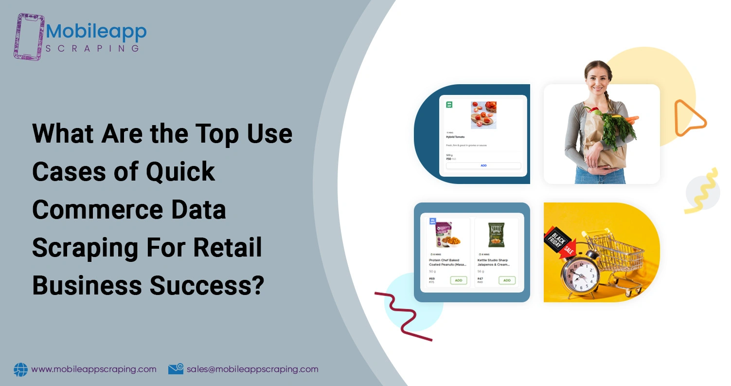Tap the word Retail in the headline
[228, 248]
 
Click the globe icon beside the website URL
[21, 369]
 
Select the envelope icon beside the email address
[176, 369]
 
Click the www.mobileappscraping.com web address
[94, 369]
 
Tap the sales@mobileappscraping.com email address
[252, 369]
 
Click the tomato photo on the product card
[483, 114]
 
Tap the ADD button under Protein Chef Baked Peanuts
[458, 280]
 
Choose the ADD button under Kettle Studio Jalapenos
[507, 280]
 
